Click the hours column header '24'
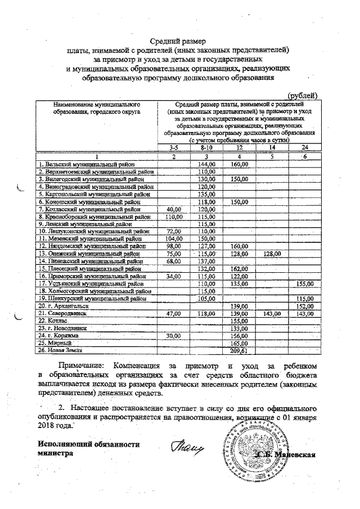coord(304,147)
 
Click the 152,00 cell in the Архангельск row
coord(304,305)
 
